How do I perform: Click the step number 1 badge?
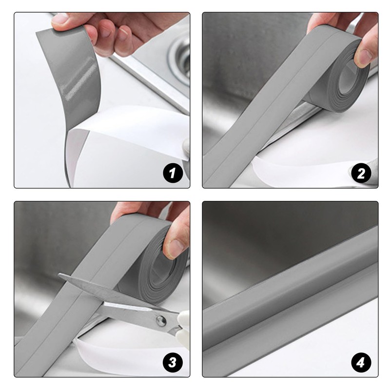pos(173,173)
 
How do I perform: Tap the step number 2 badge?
pos(361,173)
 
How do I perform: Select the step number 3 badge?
pos(173,362)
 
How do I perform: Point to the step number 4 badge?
pos(361,362)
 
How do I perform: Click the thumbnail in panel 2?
pos(363,57)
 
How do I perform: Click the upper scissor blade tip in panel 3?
pos(59,274)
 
